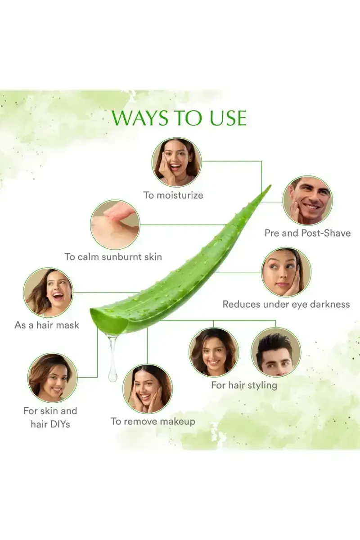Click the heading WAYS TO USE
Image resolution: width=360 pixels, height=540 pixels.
tap(179, 117)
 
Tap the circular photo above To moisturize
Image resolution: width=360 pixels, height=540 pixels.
tap(176, 162)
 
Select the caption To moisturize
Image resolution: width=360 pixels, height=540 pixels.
tap(173, 195)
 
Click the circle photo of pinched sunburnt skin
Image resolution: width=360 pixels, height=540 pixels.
tap(115, 225)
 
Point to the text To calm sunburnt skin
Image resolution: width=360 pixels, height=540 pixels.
tap(113, 257)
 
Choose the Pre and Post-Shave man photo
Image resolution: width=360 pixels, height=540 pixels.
tap(308, 201)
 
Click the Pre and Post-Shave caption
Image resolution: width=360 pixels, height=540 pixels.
tap(307, 233)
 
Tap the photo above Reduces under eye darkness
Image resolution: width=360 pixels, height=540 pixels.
tap(286, 272)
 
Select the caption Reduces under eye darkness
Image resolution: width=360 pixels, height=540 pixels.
tap(286, 304)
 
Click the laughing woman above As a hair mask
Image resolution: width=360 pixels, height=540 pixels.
tap(48, 292)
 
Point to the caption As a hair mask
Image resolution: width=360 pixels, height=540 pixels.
tap(47, 325)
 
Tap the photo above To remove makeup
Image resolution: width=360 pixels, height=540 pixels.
tap(148, 388)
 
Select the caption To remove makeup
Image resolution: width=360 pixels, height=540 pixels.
tap(153, 422)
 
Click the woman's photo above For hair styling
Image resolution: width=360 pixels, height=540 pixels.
tap(214, 352)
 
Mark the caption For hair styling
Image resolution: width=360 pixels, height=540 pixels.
tap(244, 386)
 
